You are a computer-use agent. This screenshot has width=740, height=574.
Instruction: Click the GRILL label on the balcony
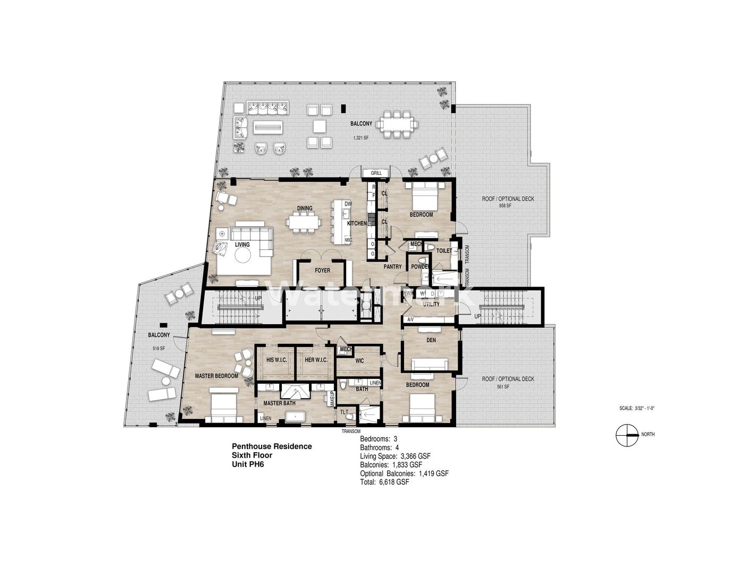(x=376, y=173)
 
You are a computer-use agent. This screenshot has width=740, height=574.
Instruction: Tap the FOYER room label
(x=322, y=271)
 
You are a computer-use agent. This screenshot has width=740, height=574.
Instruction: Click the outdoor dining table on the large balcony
(x=396, y=124)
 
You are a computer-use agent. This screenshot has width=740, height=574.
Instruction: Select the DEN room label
(x=431, y=340)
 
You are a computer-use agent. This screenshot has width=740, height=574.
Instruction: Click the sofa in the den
(x=429, y=365)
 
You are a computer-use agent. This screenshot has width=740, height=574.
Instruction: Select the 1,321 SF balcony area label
(x=361, y=138)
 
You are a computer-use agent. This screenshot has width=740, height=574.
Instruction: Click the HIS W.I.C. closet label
(x=276, y=360)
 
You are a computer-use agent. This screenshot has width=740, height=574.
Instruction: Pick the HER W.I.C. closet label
(x=316, y=360)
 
